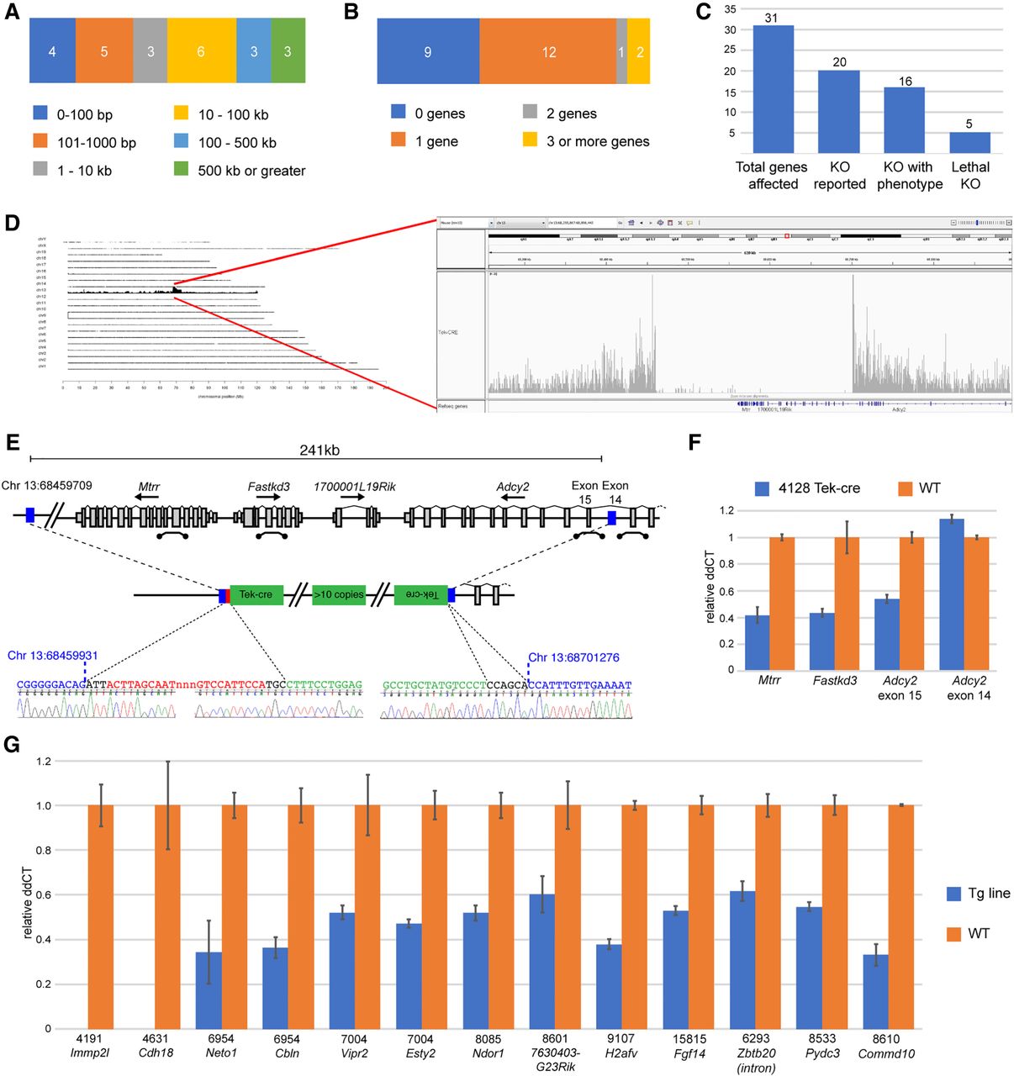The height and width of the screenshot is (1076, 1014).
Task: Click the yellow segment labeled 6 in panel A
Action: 201,51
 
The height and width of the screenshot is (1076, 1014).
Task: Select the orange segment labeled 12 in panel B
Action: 548,52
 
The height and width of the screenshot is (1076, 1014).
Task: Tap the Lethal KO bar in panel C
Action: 970,142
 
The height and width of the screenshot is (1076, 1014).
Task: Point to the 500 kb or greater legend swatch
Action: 181,169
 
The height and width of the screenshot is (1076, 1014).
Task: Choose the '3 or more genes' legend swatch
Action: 530,140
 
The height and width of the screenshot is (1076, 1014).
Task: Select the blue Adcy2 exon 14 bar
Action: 952,594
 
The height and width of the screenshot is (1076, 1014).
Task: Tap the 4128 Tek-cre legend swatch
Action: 763,488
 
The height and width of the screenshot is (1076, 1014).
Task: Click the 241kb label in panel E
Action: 320,451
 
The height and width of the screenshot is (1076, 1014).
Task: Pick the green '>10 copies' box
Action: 338,595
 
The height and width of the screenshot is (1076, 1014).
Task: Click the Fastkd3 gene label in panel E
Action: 269,487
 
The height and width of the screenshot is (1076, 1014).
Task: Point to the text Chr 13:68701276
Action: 573,657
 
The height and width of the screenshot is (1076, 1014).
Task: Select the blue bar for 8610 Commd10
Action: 875,991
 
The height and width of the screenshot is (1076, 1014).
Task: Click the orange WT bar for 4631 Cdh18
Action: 168,916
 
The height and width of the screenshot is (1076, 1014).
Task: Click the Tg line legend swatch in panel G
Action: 953,894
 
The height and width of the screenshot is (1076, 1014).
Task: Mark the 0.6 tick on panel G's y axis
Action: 43,894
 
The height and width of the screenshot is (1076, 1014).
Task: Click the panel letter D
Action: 12,223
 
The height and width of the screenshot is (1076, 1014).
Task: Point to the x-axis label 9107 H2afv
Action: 621,1046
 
